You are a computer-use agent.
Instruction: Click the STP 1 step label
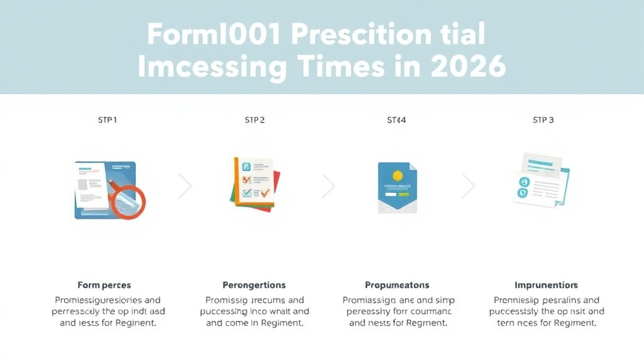[107, 119]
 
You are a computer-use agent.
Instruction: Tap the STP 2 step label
[254, 119]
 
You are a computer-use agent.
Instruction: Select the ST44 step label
[396, 119]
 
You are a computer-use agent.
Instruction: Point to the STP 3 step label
[543, 119]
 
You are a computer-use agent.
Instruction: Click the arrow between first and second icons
[185, 186]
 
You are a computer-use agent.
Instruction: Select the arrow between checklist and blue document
[328, 186]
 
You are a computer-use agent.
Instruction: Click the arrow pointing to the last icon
[469, 186]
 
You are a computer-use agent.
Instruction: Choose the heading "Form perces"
[104, 285]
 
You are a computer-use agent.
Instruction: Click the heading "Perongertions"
[254, 285]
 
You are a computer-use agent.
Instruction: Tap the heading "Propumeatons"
[397, 285]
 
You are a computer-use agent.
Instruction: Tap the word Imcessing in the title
[216, 67]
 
